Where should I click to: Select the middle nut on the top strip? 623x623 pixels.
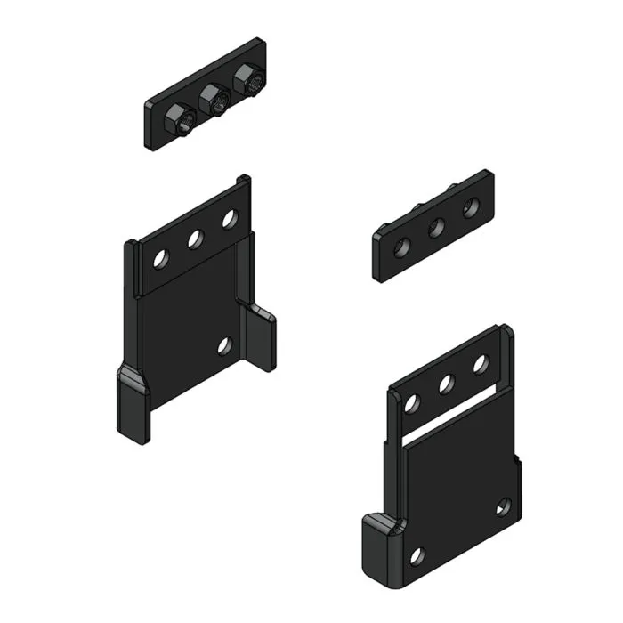[214, 100]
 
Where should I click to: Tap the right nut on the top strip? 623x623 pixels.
[248, 82]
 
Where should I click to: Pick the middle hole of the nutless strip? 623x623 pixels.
[437, 227]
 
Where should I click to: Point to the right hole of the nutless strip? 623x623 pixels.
[471, 207]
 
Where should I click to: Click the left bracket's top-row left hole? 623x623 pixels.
[160, 259]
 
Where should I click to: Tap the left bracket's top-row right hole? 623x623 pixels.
[230, 218]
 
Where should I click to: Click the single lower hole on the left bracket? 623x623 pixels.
[224, 345]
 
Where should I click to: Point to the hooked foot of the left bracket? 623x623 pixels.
[133, 408]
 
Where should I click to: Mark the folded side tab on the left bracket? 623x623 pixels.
[259, 336]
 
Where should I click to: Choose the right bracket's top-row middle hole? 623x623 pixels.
[447, 384]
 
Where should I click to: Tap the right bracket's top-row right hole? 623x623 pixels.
[481, 363]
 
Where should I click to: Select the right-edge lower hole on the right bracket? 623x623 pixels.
[503, 507]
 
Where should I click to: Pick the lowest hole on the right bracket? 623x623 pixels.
[417, 556]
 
